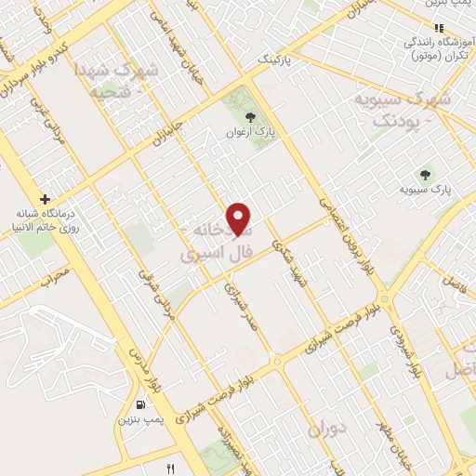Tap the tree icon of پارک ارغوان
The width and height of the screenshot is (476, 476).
click(x=248, y=116)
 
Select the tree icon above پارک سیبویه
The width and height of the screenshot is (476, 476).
click(x=426, y=174)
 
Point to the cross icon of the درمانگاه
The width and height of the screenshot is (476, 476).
click(x=45, y=199)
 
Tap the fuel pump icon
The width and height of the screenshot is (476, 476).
click(x=139, y=404)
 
